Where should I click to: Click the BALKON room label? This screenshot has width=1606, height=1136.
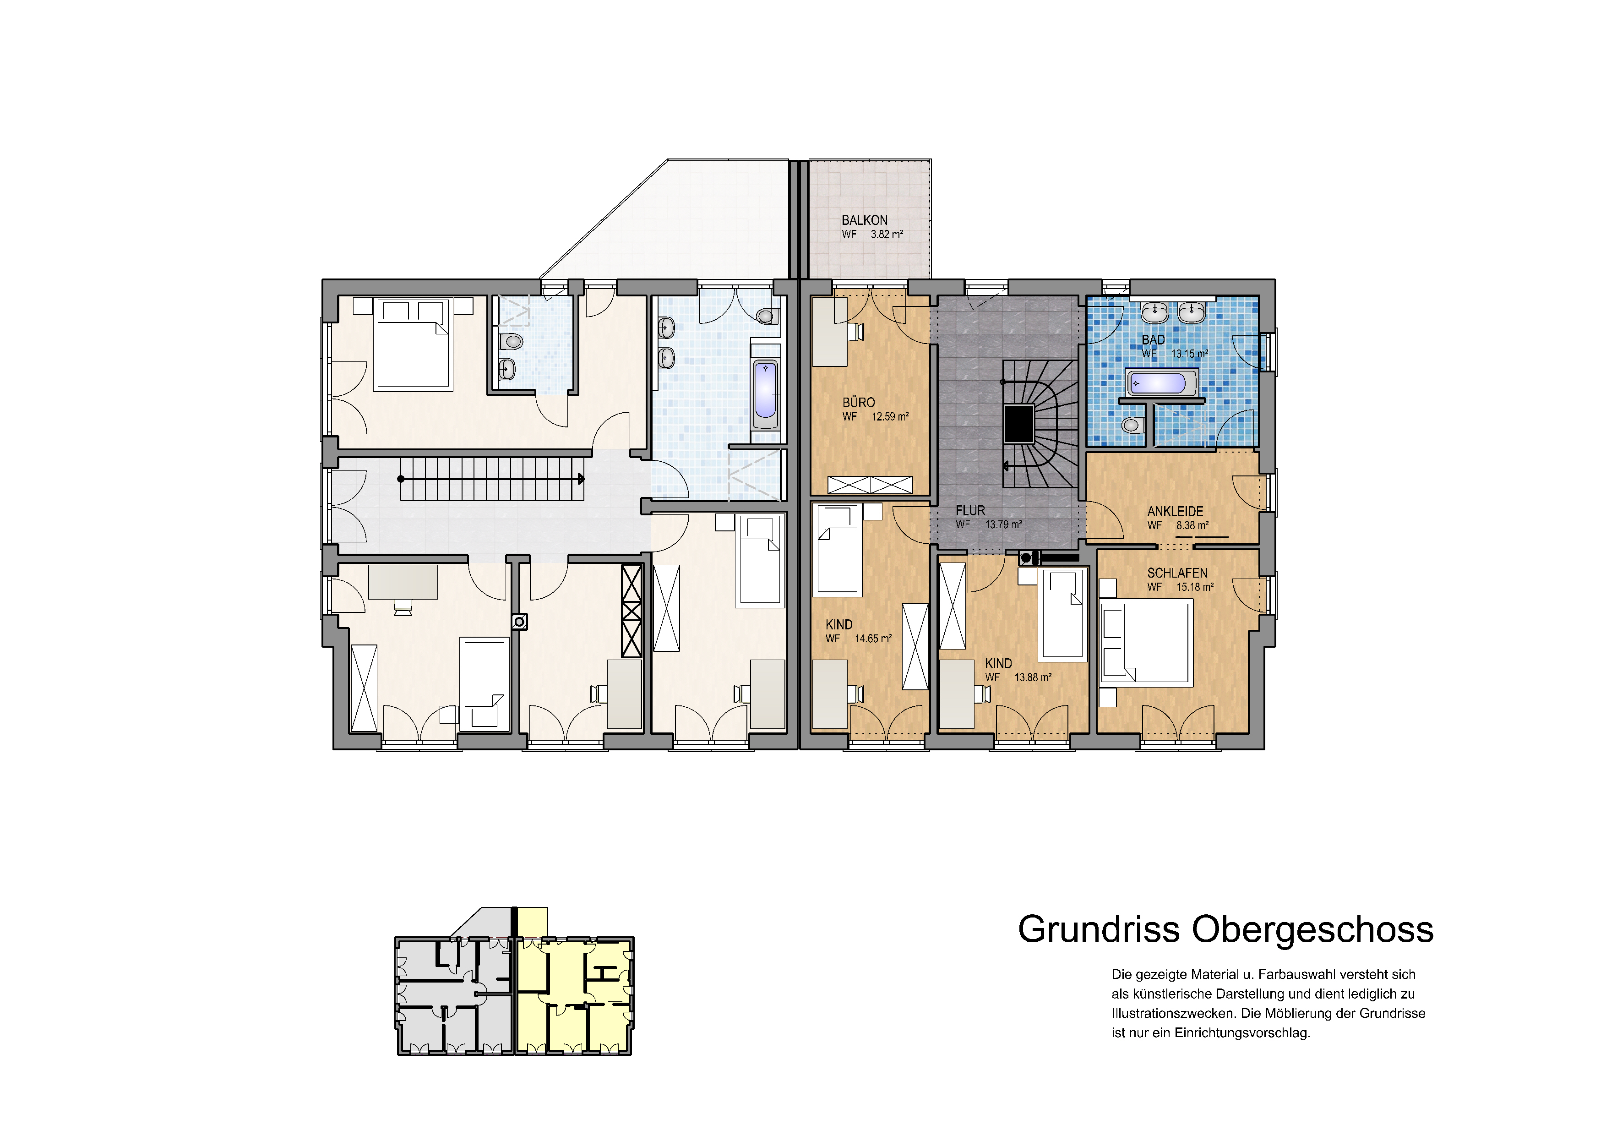pyautogui.click(x=865, y=220)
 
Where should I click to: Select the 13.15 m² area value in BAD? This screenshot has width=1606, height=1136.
pyautogui.click(x=1190, y=354)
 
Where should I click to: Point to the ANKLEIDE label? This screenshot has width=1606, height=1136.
pyautogui.click(x=1175, y=511)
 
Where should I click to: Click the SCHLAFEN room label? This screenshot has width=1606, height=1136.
pyautogui.click(x=1177, y=573)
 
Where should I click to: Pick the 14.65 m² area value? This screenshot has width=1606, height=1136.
pyautogui.click(x=873, y=639)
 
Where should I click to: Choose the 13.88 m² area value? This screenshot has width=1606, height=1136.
pyautogui.click(x=1033, y=677)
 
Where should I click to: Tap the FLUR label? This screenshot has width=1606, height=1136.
pyautogui.click(x=970, y=511)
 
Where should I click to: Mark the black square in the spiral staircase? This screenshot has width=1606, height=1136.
pyautogui.click(x=1018, y=424)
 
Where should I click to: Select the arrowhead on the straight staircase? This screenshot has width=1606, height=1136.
pyautogui.click(x=581, y=479)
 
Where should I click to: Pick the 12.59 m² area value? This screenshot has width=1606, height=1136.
pyautogui.click(x=890, y=417)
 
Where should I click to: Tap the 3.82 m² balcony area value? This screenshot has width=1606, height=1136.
pyautogui.click(x=887, y=235)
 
